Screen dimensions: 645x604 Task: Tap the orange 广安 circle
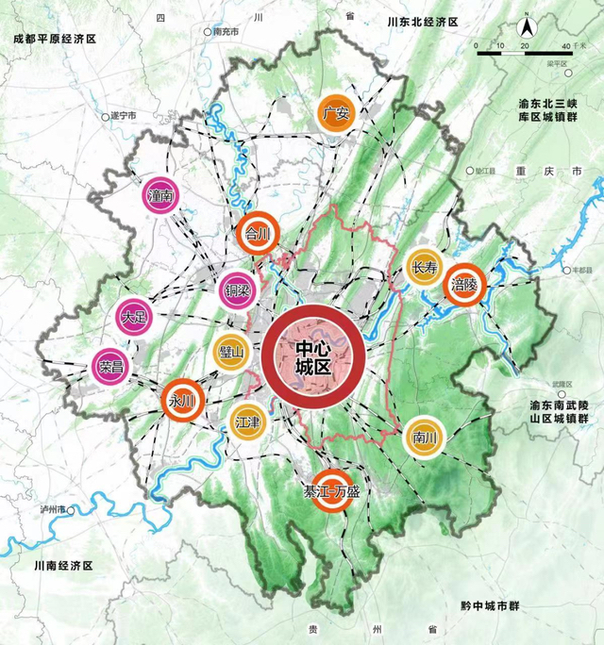coord(336,113)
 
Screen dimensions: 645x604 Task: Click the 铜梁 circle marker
coord(236,289)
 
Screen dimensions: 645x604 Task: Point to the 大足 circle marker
coord(135,317)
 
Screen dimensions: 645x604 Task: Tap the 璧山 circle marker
coord(231,352)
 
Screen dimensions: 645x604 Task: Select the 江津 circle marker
coord(248,422)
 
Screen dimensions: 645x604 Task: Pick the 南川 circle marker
coord(421,437)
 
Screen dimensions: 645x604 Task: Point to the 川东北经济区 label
coord(422,21)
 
